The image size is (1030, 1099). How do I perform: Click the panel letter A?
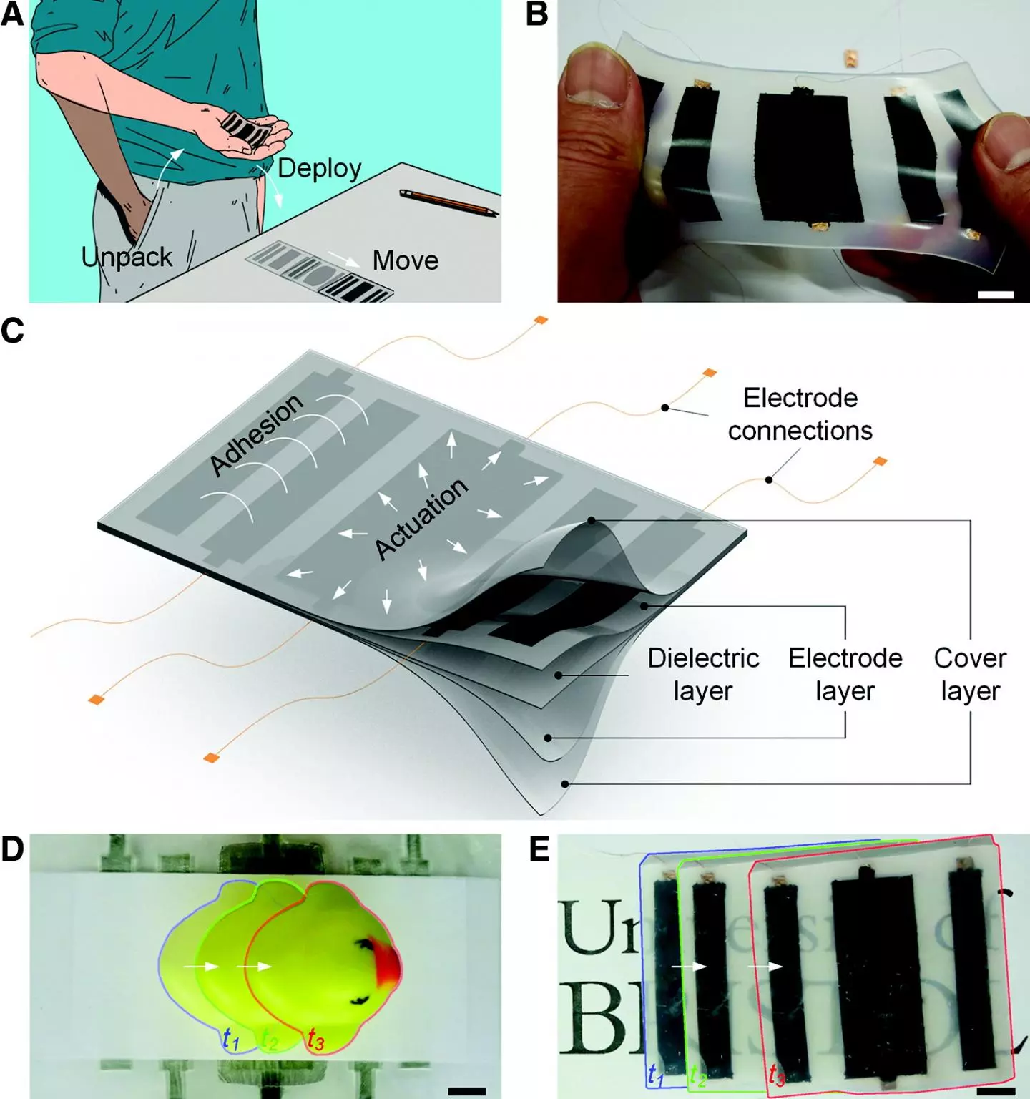click(x=12, y=14)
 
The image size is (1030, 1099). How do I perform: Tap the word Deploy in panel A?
click(x=319, y=169)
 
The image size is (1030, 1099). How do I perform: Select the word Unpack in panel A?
click(x=127, y=257)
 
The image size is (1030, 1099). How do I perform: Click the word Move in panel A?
click(x=405, y=260)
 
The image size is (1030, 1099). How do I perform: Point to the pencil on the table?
click(x=448, y=202)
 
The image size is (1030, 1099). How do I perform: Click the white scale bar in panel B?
click(x=996, y=295)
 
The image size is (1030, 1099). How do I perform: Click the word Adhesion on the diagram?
click(x=257, y=434)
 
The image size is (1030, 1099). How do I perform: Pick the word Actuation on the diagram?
click(x=422, y=519)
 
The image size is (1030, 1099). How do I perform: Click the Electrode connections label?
click(x=800, y=414)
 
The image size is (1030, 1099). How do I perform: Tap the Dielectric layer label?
click(x=703, y=674)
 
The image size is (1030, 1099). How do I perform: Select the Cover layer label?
click(x=970, y=674)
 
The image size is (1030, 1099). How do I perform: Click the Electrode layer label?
click(x=845, y=674)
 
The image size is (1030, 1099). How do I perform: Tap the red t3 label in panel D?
click(x=315, y=1039)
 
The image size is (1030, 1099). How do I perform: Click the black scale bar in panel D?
click(x=466, y=1091)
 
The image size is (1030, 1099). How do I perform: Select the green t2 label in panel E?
click(x=697, y=1075)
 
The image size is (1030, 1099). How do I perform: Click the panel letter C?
click(x=12, y=331)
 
